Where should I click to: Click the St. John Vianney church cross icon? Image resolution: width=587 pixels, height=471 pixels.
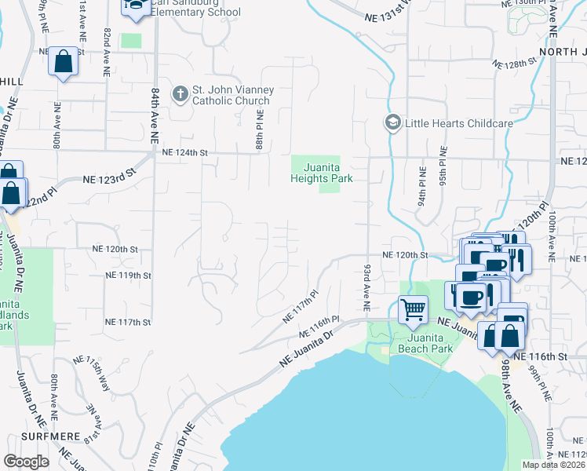180,94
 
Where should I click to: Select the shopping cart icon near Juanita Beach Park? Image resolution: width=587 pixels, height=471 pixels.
413,309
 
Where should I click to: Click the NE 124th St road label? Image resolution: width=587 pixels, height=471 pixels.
184,154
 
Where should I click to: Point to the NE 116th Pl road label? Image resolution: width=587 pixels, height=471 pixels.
322,323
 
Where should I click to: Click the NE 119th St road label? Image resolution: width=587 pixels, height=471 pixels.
128,276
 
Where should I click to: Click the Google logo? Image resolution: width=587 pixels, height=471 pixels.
26,462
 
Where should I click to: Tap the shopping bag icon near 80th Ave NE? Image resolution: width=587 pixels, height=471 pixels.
64,62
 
